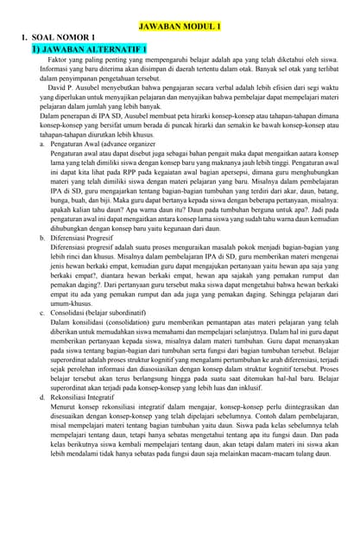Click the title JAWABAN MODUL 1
click(180, 27)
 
